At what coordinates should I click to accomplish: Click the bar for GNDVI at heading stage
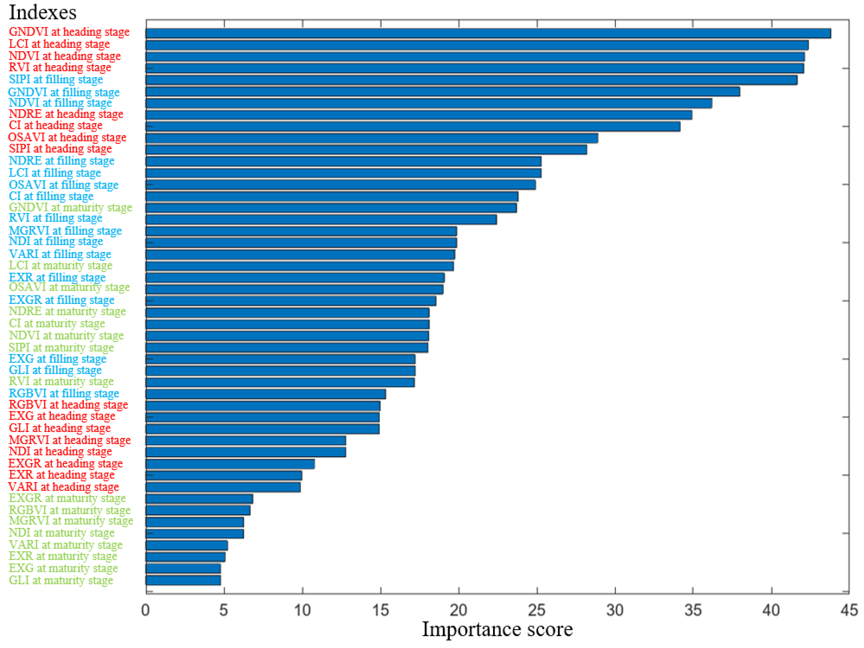click(x=488, y=33)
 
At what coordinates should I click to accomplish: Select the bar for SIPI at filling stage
click(x=471, y=80)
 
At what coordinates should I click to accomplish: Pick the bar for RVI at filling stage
click(x=321, y=219)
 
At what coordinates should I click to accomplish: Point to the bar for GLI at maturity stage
click(x=183, y=580)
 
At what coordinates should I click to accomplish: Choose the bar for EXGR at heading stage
click(x=230, y=464)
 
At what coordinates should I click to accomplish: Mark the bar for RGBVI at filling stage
click(x=266, y=394)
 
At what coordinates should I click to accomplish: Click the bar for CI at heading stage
click(x=413, y=126)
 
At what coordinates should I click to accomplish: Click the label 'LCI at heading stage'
click(x=59, y=44)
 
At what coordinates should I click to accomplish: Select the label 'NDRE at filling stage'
click(x=62, y=161)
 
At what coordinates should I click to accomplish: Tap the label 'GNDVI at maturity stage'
click(x=70, y=207)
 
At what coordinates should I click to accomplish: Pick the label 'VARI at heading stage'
click(x=63, y=487)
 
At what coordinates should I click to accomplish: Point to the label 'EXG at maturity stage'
click(x=63, y=568)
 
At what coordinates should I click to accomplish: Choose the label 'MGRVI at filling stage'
click(x=65, y=231)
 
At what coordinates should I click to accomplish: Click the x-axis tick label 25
click(x=537, y=610)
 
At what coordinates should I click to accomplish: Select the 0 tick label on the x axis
click(x=146, y=610)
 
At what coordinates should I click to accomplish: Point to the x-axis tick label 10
click(x=302, y=610)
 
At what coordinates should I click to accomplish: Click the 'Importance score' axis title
click(x=497, y=630)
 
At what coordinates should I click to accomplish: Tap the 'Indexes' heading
click(x=43, y=13)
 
